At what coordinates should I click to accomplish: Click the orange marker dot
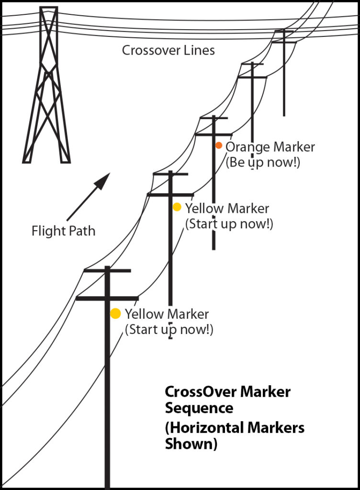point(218,145)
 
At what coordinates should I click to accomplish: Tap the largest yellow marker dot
point(115,313)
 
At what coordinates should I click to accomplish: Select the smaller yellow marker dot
point(177,207)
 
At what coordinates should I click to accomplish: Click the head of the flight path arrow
point(103,180)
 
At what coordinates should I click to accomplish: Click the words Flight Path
point(63,231)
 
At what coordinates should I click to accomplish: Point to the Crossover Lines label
point(168,50)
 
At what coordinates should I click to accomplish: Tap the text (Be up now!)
point(263,162)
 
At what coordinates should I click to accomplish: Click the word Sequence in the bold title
point(199,409)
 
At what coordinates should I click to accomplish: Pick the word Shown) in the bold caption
point(191,444)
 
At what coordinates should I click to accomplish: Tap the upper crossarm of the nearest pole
point(107,271)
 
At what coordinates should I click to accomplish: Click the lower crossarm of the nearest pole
point(107,299)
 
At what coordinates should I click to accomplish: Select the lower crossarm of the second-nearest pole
point(170,194)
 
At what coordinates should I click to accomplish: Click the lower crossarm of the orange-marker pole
point(214,134)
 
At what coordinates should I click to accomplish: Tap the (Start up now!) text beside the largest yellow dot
point(169,330)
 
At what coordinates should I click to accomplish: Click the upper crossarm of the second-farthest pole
point(251,64)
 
